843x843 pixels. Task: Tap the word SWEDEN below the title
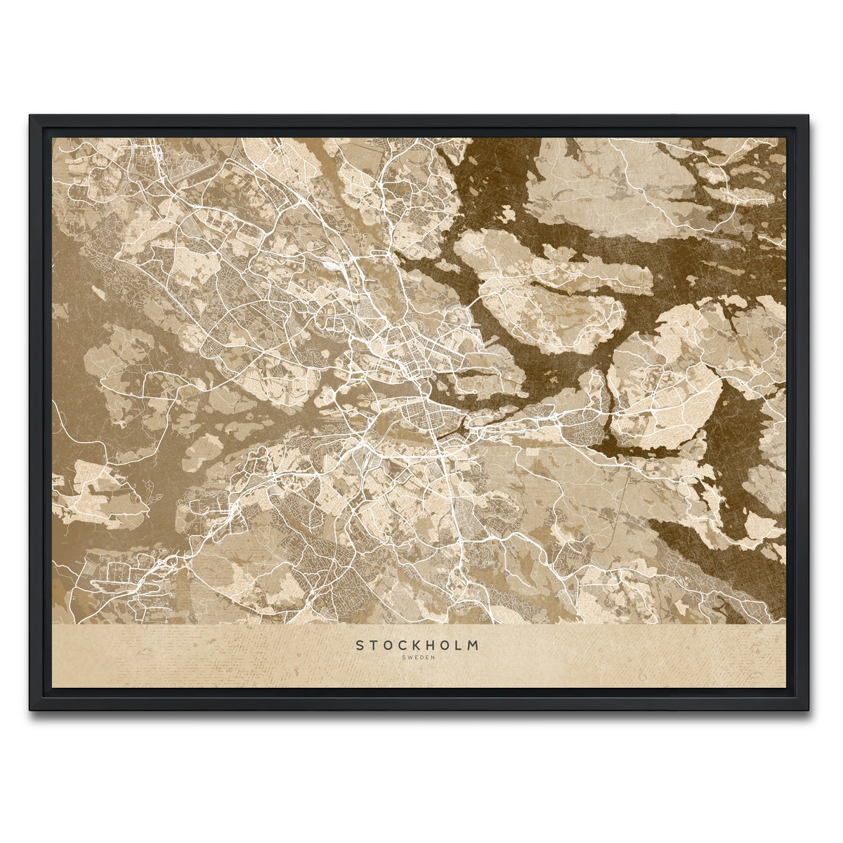point(419,658)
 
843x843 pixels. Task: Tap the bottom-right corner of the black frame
point(809,710)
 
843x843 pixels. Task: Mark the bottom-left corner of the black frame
point(31,710)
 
